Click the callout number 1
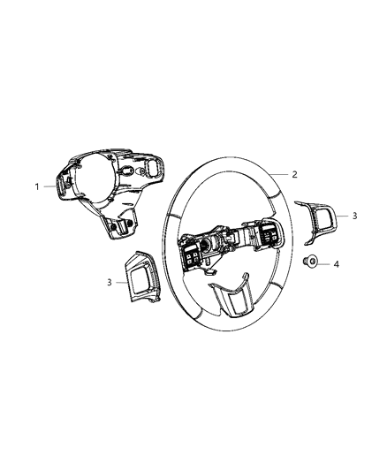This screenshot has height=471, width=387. point(37,186)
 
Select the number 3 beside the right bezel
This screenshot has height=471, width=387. point(354,216)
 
